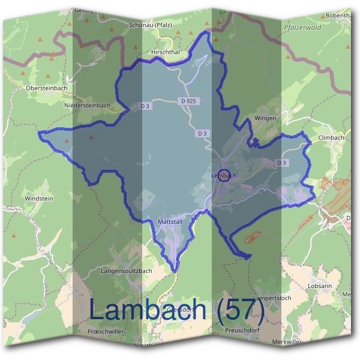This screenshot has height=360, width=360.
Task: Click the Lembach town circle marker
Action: click(223, 176)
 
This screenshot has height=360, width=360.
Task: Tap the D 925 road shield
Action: click(188, 101)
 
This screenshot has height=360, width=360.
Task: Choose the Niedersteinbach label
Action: click(87, 105)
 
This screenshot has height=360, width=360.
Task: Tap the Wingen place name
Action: click(265, 118)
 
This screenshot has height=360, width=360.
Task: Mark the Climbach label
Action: click(331, 137)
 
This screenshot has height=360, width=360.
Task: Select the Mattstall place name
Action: click(169, 222)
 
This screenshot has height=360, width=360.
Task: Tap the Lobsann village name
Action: click(319, 286)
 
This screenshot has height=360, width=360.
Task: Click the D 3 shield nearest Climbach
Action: click(281, 163)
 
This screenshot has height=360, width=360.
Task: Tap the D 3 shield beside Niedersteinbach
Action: click(145, 106)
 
